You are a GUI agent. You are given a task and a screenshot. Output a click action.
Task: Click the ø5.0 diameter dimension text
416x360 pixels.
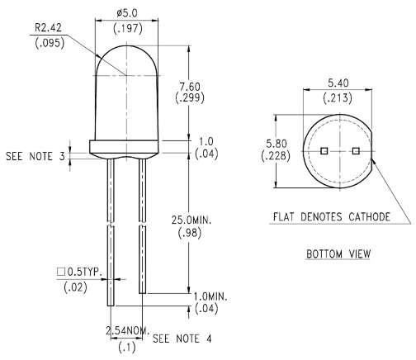click(x=127, y=13)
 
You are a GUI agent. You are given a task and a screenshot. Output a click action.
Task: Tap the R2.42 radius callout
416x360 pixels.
click(x=48, y=27)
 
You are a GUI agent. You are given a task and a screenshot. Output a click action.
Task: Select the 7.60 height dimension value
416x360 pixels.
click(x=190, y=87)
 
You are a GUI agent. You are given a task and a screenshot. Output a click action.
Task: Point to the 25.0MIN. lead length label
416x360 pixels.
click(x=191, y=220)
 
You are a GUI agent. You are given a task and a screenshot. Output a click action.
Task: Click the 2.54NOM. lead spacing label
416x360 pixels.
click(x=128, y=330)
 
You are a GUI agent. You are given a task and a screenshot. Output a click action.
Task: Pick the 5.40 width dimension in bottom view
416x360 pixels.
click(x=338, y=83)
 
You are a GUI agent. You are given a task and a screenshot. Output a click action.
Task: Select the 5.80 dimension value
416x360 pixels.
click(x=277, y=144)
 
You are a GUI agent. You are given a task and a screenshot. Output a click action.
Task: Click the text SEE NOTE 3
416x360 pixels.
click(x=35, y=156)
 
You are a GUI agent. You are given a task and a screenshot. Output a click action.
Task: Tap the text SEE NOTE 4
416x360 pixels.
click(x=182, y=339)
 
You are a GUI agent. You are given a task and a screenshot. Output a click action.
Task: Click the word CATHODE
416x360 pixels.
click(x=369, y=217)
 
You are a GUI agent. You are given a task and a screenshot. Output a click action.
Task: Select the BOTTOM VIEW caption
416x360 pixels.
click(x=338, y=253)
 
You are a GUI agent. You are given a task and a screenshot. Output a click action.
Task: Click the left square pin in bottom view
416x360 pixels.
click(x=324, y=151)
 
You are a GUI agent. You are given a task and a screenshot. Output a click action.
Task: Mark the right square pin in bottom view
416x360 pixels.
click(x=356, y=151)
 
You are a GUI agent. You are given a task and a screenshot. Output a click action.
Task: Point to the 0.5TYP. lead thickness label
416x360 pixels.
click(x=80, y=272)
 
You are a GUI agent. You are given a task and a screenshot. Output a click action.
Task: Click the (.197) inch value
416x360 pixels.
click(x=128, y=29)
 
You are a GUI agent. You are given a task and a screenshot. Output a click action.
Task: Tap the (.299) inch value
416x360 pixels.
click(x=190, y=97)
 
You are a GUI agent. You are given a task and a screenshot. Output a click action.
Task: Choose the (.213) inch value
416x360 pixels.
click(x=338, y=98)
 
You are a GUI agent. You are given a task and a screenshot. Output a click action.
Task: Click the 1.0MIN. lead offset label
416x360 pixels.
click(x=210, y=296)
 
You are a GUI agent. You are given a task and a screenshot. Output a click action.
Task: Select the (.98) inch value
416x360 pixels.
click(x=190, y=233)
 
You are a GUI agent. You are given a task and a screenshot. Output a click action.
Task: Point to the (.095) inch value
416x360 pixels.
click(x=50, y=43)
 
